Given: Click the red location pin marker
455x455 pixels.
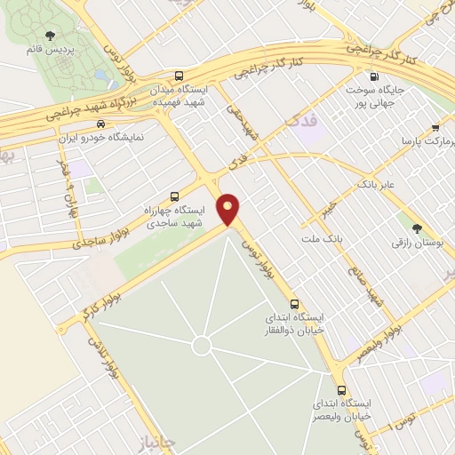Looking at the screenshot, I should (229, 211).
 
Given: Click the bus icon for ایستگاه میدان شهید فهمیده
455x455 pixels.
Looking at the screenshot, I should (180, 76).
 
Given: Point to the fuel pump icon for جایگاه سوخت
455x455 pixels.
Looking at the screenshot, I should (374, 76).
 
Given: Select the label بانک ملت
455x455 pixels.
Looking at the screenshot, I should (322, 240).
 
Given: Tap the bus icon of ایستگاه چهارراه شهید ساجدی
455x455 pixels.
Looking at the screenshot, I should (174, 196).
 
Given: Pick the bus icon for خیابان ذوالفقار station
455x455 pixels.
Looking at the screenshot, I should (295, 303).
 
